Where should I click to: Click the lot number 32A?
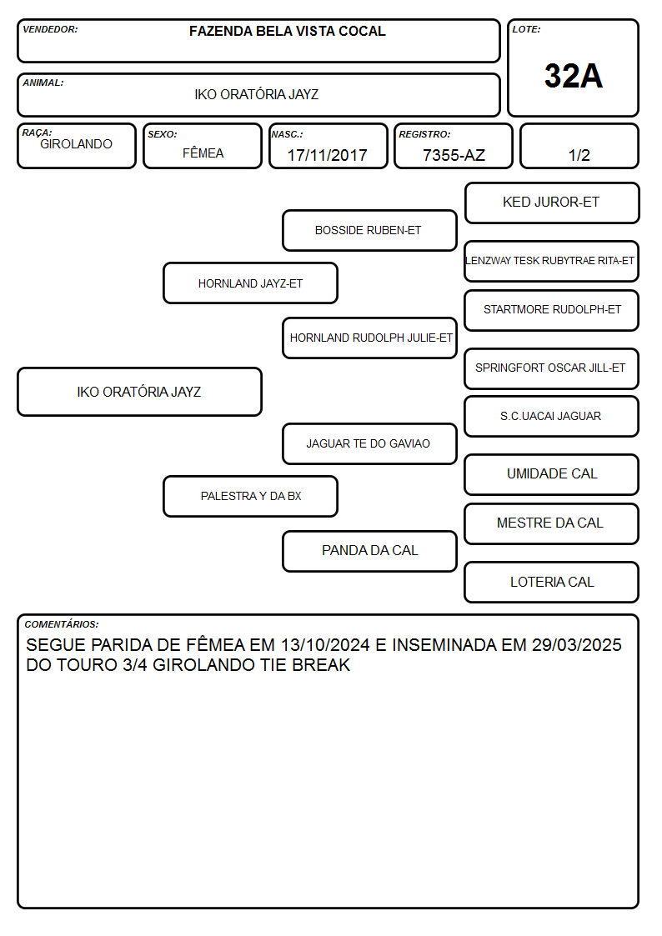click(573, 76)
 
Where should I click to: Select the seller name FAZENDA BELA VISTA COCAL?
click(287, 31)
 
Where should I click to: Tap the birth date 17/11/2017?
click(327, 155)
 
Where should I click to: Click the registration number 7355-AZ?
click(454, 155)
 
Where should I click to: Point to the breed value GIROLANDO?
click(76, 144)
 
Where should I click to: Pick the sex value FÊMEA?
click(203, 153)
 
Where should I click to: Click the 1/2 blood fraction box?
click(579, 146)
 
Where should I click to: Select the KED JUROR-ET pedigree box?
click(552, 203)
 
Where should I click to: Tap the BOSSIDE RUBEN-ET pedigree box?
click(369, 230)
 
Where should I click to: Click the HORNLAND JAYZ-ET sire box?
click(251, 283)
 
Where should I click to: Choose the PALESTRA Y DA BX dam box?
click(251, 496)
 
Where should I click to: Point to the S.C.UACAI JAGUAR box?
click(552, 416)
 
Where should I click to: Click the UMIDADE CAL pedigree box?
click(552, 474)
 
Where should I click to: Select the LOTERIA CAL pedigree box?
click(552, 582)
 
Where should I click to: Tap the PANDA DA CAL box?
click(369, 551)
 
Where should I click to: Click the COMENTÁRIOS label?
click(62, 624)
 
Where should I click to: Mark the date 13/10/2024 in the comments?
click(325, 644)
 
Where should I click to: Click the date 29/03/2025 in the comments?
click(577, 644)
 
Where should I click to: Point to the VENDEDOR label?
click(50, 29)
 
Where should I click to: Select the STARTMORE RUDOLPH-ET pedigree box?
click(552, 310)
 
